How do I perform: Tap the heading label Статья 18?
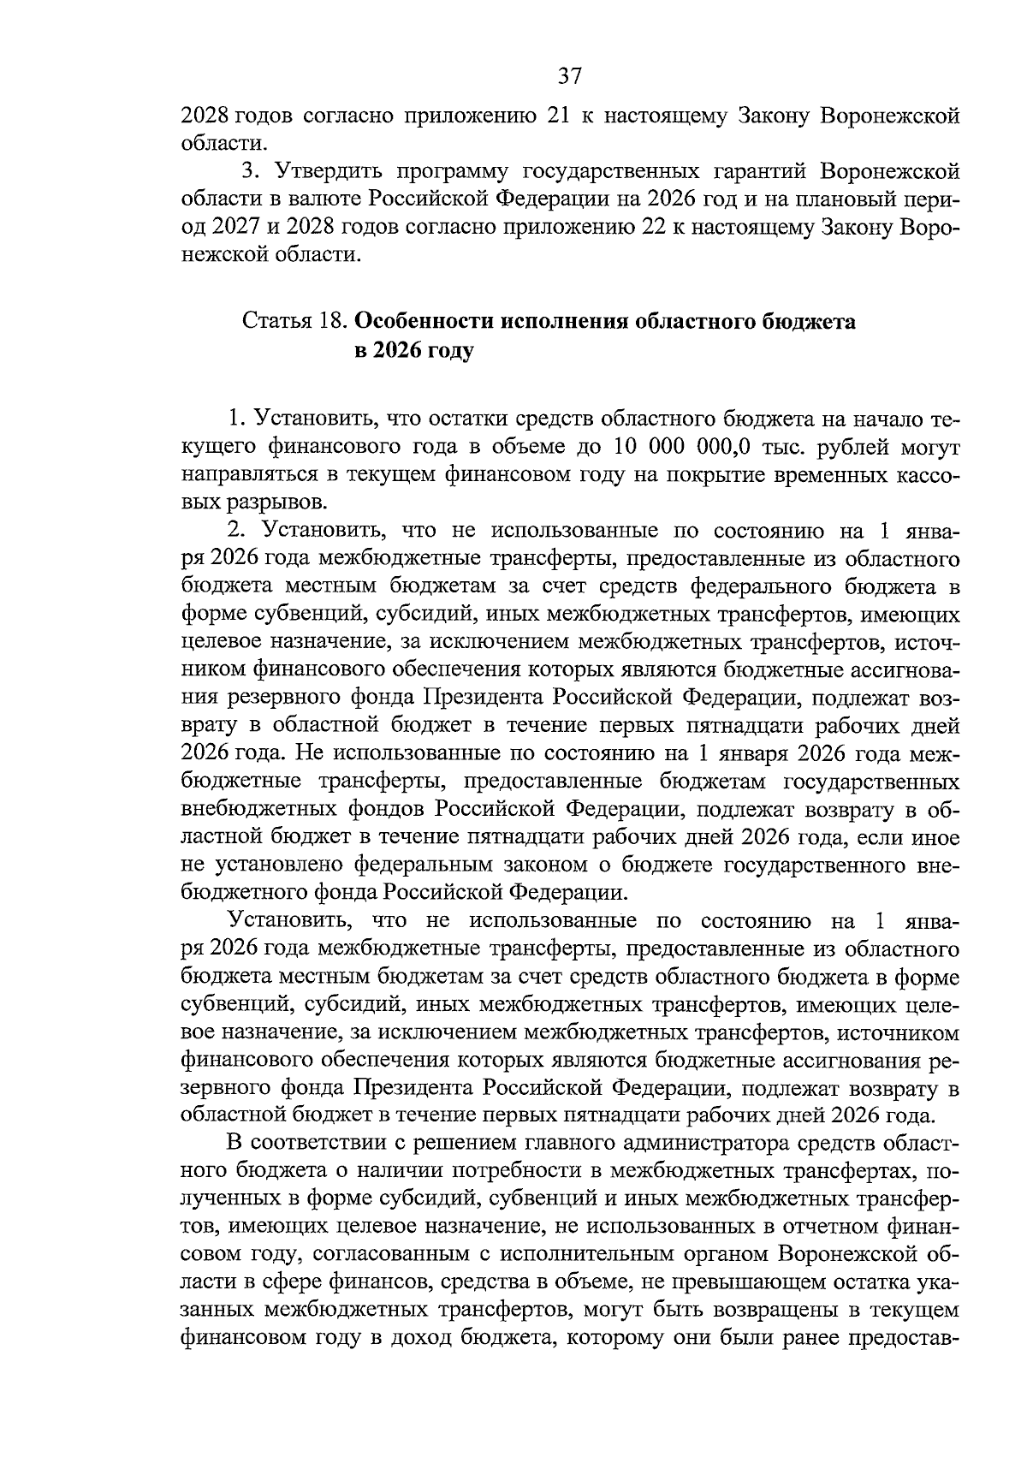294,323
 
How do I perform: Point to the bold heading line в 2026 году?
413,351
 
